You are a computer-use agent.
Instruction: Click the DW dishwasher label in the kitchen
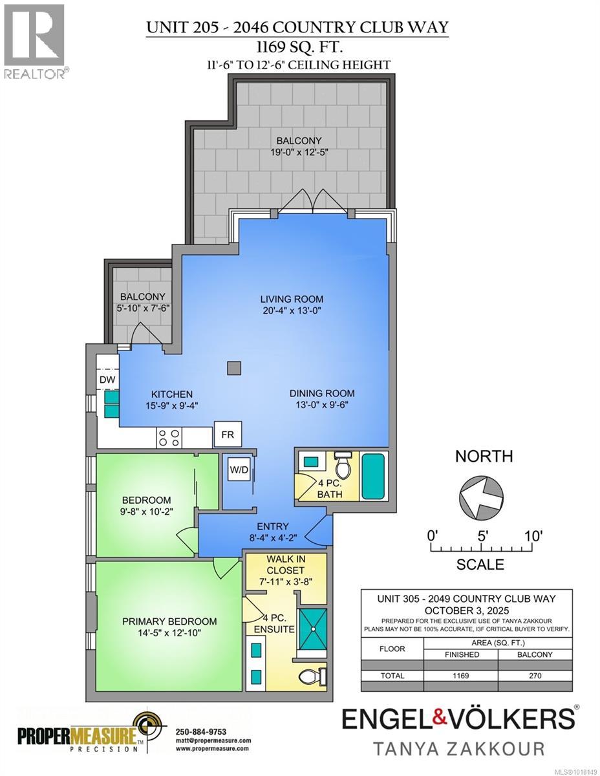click(x=107, y=380)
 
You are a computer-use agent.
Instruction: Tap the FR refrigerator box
click(x=228, y=435)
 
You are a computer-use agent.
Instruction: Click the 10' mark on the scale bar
click(x=533, y=536)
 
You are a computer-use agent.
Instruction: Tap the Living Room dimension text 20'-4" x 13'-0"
click(x=291, y=310)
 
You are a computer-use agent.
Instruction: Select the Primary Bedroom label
click(x=169, y=621)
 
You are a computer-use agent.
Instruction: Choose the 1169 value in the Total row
click(x=461, y=675)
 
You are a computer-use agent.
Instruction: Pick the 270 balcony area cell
click(x=535, y=675)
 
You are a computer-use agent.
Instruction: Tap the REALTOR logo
click(x=34, y=40)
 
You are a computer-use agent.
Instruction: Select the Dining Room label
click(x=321, y=393)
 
